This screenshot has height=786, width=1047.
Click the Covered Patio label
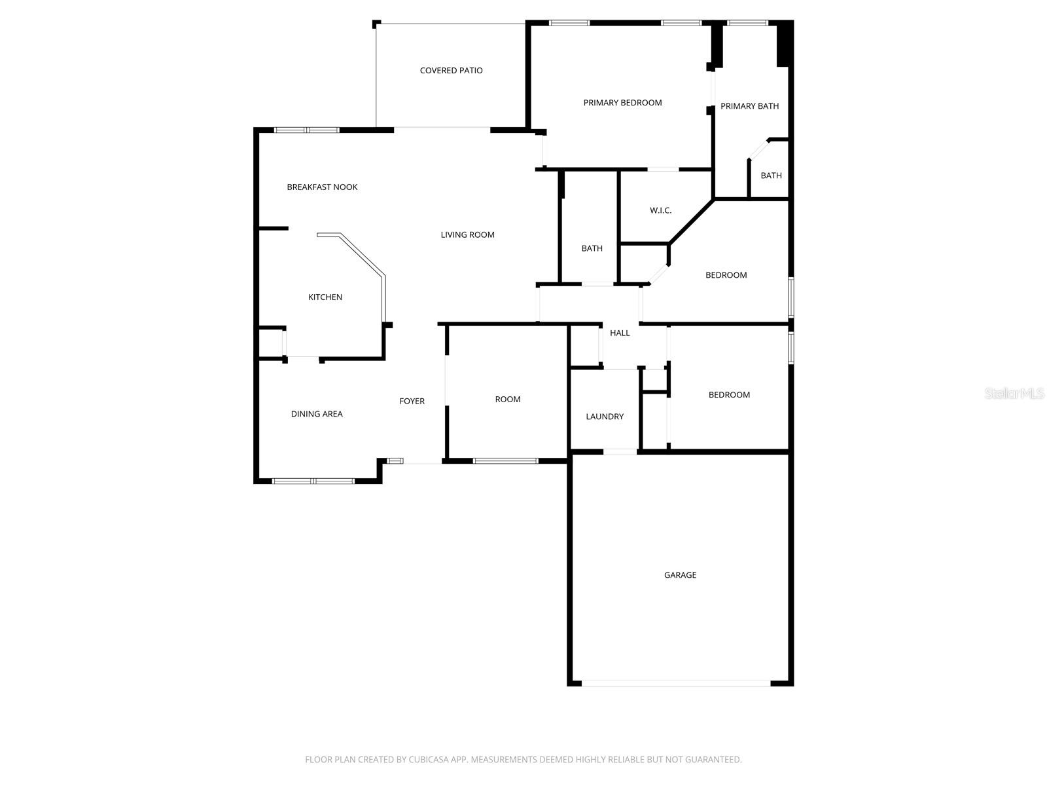(451, 71)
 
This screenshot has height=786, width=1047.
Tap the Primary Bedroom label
(622, 103)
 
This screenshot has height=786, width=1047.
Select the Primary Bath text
(749, 106)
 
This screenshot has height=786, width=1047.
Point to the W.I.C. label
(660, 210)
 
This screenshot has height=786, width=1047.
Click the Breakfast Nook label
(322, 187)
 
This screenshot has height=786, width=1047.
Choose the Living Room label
(467, 235)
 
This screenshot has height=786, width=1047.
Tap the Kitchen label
(325, 297)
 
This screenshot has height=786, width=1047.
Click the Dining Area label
(317, 414)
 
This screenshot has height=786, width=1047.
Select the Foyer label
(412, 402)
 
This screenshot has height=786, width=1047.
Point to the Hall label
(620, 333)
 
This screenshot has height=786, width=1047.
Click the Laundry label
(605, 417)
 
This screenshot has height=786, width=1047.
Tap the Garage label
(680, 575)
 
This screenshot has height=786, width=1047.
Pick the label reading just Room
(508, 400)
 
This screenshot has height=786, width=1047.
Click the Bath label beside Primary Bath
(771, 176)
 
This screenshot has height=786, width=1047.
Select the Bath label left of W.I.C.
(592, 248)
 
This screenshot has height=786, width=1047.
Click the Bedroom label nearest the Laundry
(729, 395)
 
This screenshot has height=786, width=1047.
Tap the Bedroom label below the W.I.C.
(726, 275)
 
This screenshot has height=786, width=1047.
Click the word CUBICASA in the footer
(427, 760)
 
